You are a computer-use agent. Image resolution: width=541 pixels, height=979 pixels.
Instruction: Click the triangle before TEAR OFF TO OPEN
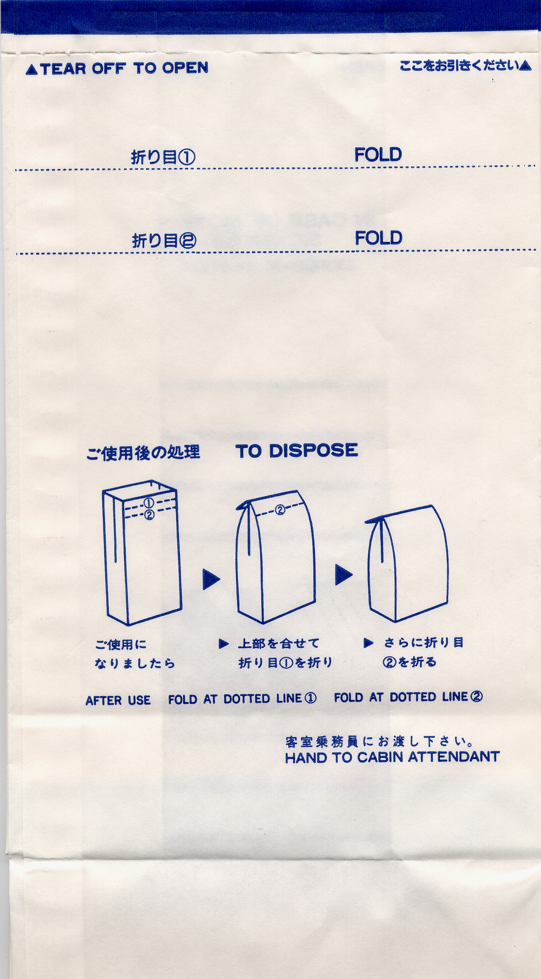[32, 70]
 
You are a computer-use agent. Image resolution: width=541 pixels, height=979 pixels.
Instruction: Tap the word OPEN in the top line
[186, 68]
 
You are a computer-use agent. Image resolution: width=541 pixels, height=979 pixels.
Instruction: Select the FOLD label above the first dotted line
[378, 155]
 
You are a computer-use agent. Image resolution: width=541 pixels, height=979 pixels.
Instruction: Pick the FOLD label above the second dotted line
[378, 238]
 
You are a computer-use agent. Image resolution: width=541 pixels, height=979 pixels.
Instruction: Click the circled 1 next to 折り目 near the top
[187, 157]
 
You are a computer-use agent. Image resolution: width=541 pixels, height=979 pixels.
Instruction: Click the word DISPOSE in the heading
[313, 450]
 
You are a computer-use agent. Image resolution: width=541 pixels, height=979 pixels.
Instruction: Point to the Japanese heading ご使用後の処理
[143, 452]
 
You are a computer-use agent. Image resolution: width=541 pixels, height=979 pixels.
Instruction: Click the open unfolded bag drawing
[142, 553]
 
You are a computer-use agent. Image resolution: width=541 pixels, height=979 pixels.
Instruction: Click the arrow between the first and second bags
[211, 579]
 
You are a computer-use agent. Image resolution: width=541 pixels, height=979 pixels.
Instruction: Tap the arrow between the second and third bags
[343, 574]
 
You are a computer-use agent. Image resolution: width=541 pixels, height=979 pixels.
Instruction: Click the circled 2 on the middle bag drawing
[280, 509]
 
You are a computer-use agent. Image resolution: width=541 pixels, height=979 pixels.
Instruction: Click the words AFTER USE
[118, 700]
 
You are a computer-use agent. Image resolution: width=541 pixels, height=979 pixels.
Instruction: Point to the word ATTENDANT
[454, 756]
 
